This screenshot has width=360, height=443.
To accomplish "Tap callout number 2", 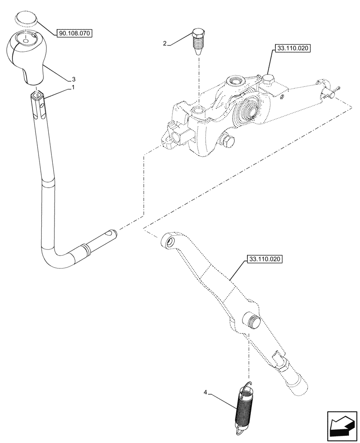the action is point(165,43).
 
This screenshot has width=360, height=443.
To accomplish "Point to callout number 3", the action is point(74,79).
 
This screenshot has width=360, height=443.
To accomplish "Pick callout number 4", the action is point(205,392).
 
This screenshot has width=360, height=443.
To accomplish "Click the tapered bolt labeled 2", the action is point(198,40).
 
